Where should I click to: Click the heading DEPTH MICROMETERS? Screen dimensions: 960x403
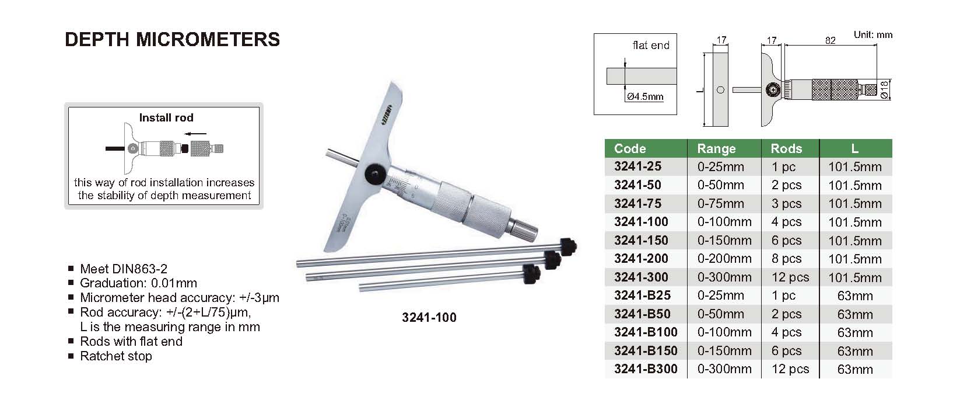click(172, 40)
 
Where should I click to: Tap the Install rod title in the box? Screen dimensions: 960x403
click(166, 117)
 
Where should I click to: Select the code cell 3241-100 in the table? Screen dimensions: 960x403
click(641, 222)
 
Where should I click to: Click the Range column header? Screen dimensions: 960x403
click(716, 148)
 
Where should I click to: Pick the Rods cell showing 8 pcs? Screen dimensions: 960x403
click(786, 259)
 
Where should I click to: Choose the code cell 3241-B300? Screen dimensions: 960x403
click(646, 369)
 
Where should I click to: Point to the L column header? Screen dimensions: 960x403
click(855, 148)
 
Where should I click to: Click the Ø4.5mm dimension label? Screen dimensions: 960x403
click(645, 97)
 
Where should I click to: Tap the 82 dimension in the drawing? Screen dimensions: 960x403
click(830, 40)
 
